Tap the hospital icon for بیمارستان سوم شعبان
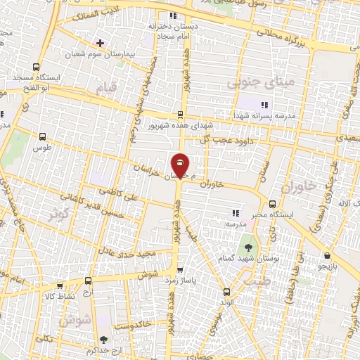(101, 43)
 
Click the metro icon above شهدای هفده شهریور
(180, 115)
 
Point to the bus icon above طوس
(44, 137)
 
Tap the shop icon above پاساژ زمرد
(181, 269)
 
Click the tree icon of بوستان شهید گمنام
(247, 246)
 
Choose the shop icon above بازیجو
(327, 257)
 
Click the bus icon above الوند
(226, 290)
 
